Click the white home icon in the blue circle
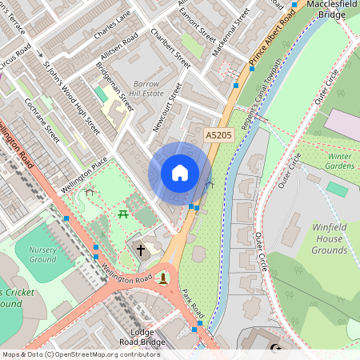(x=180, y=172)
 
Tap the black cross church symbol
(x=141, y=250)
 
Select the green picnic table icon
(x=124, y=214)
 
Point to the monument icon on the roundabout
(x=164, y=278)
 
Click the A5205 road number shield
(x=218, y=136)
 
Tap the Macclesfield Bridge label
(x=330, y=10)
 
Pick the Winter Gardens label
(x=339, y=162)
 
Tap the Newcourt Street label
(x=168, y=107)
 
